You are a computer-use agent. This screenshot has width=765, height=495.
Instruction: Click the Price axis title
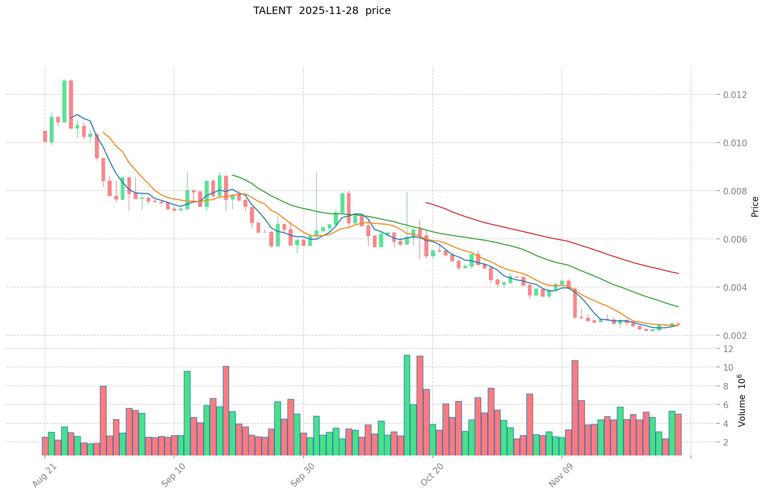(755, 207)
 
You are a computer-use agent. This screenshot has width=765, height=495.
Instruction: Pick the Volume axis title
(742, 400)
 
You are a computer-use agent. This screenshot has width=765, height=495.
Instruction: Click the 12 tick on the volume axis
(728, 349)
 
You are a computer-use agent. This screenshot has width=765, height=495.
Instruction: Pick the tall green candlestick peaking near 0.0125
(64, 101)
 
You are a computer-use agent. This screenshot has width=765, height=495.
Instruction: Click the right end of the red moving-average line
(678, 273)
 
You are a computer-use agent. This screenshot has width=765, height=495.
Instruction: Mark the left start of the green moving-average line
(232, 175)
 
